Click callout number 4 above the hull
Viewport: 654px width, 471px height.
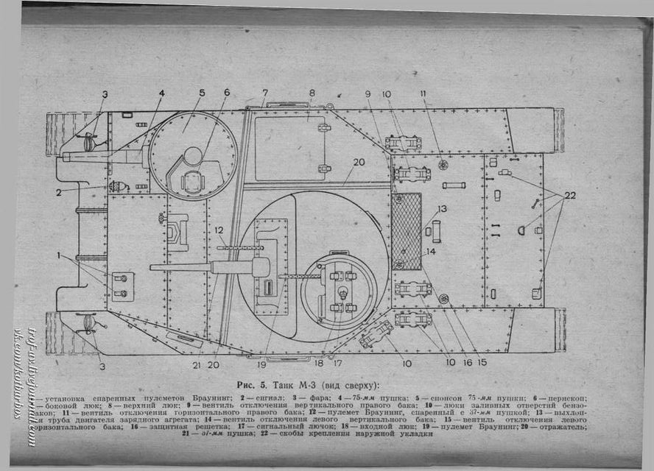(161, 93)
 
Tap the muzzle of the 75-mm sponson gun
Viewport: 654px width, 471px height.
(66, 156)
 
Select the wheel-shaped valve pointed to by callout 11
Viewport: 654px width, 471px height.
(443, 165)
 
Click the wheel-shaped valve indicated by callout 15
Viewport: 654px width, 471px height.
(444, 299)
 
